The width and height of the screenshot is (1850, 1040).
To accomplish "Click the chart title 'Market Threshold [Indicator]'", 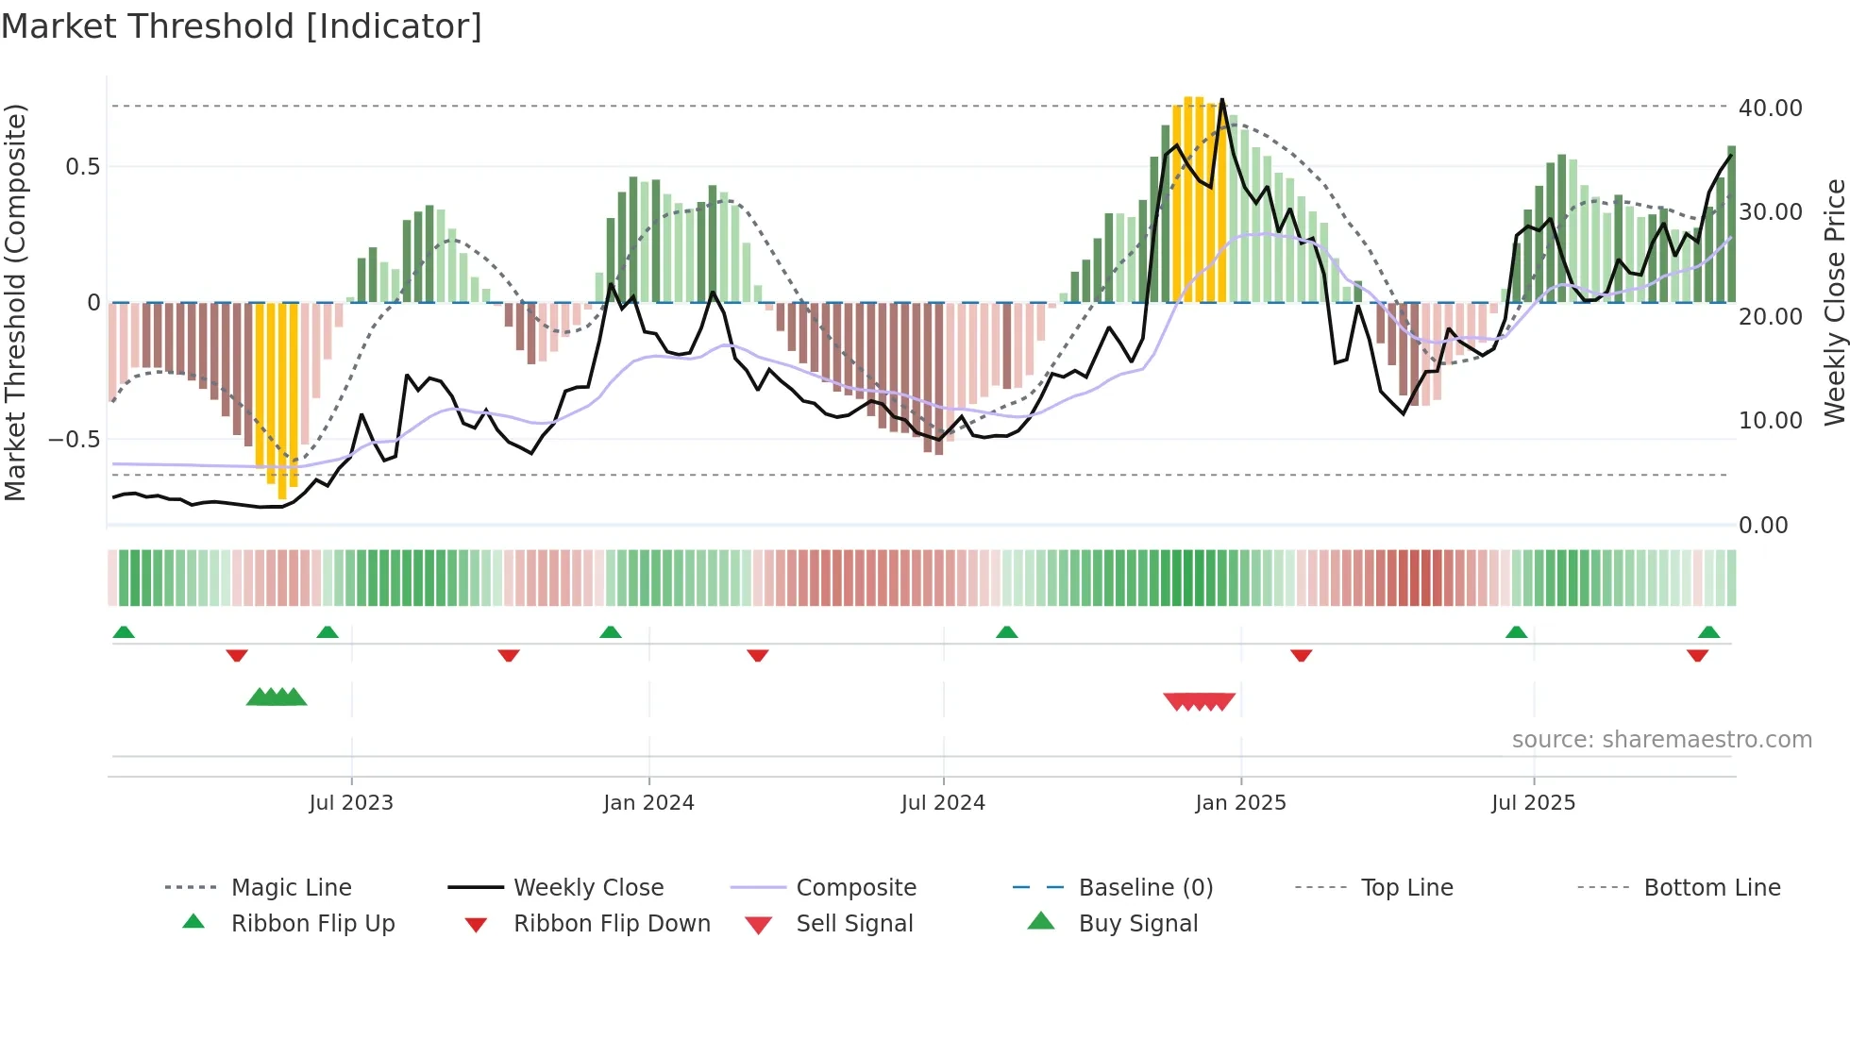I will (242, 26).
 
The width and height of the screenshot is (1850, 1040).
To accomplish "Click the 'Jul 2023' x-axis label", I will (350, 803).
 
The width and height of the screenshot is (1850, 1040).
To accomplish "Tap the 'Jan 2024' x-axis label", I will (648, 803).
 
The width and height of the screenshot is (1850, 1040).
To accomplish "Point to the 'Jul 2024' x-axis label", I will (943, 803).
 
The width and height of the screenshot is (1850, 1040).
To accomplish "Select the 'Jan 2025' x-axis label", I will (1240, 803).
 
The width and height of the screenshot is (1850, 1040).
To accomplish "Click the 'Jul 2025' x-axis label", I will (1533, 803).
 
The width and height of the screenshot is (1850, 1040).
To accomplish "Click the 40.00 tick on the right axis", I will (1770, 109).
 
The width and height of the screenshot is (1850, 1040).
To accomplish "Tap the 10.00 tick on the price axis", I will (1770, 421).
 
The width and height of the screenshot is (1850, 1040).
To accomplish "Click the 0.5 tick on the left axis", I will (82, 167).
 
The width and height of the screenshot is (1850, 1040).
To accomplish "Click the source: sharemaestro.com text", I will (1661, 740).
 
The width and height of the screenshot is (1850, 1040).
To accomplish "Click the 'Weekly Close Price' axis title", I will (1834, 302).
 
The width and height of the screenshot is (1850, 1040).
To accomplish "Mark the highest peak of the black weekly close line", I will (1222, 99).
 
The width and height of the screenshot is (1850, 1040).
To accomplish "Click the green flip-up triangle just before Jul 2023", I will (328, 632).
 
